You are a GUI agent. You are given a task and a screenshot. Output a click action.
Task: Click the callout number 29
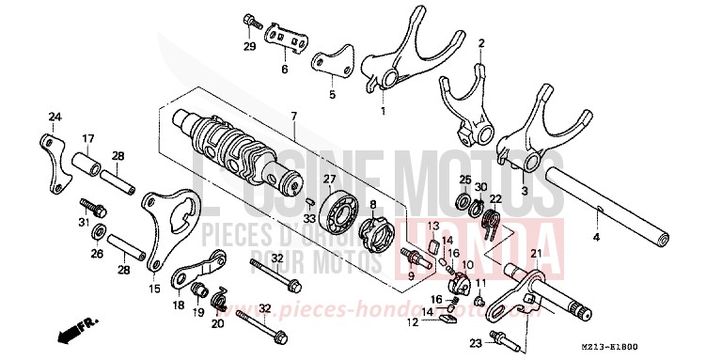pos(250,46)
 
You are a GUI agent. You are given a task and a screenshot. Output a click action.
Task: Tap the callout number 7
pos(293,116)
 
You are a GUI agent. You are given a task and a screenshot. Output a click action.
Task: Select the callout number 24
pos(55,117)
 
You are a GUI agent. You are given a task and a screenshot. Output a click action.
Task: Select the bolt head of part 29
pos(250,19)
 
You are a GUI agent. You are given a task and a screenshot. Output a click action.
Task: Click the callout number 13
pos(434,226)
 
